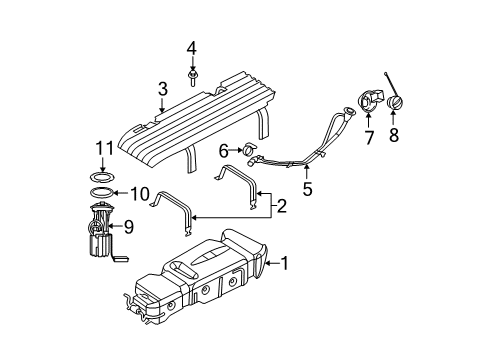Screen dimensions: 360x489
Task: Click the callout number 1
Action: point(286,264)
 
